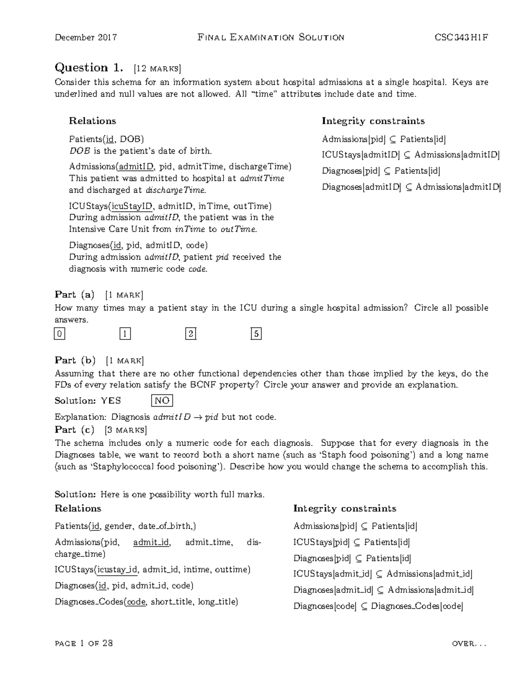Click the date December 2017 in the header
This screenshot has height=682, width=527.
click(86, 37)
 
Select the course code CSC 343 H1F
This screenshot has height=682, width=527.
click(461, 37)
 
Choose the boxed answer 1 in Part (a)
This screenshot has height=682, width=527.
click(125, 334)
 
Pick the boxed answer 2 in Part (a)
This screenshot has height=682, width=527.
click(191, 334)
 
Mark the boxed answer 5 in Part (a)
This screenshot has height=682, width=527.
click(256, 334)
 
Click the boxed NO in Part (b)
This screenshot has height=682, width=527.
click(162, 401)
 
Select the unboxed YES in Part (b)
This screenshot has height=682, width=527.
click(111, 401)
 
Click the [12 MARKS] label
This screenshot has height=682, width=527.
click(157, 69)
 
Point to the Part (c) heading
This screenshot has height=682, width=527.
click(74, 429)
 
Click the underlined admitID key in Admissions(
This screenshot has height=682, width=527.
click(137, 166)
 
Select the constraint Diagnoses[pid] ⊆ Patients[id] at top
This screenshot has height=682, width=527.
click(381, 171)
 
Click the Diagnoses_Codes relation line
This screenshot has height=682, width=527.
click(146, 602)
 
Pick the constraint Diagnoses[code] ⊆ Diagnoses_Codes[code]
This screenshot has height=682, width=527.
click(378, 606)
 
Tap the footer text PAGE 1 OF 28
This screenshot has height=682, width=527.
click(84, 643)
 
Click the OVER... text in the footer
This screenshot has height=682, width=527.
click(469, 644)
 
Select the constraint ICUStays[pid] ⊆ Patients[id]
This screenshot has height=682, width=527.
click(351, 542)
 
